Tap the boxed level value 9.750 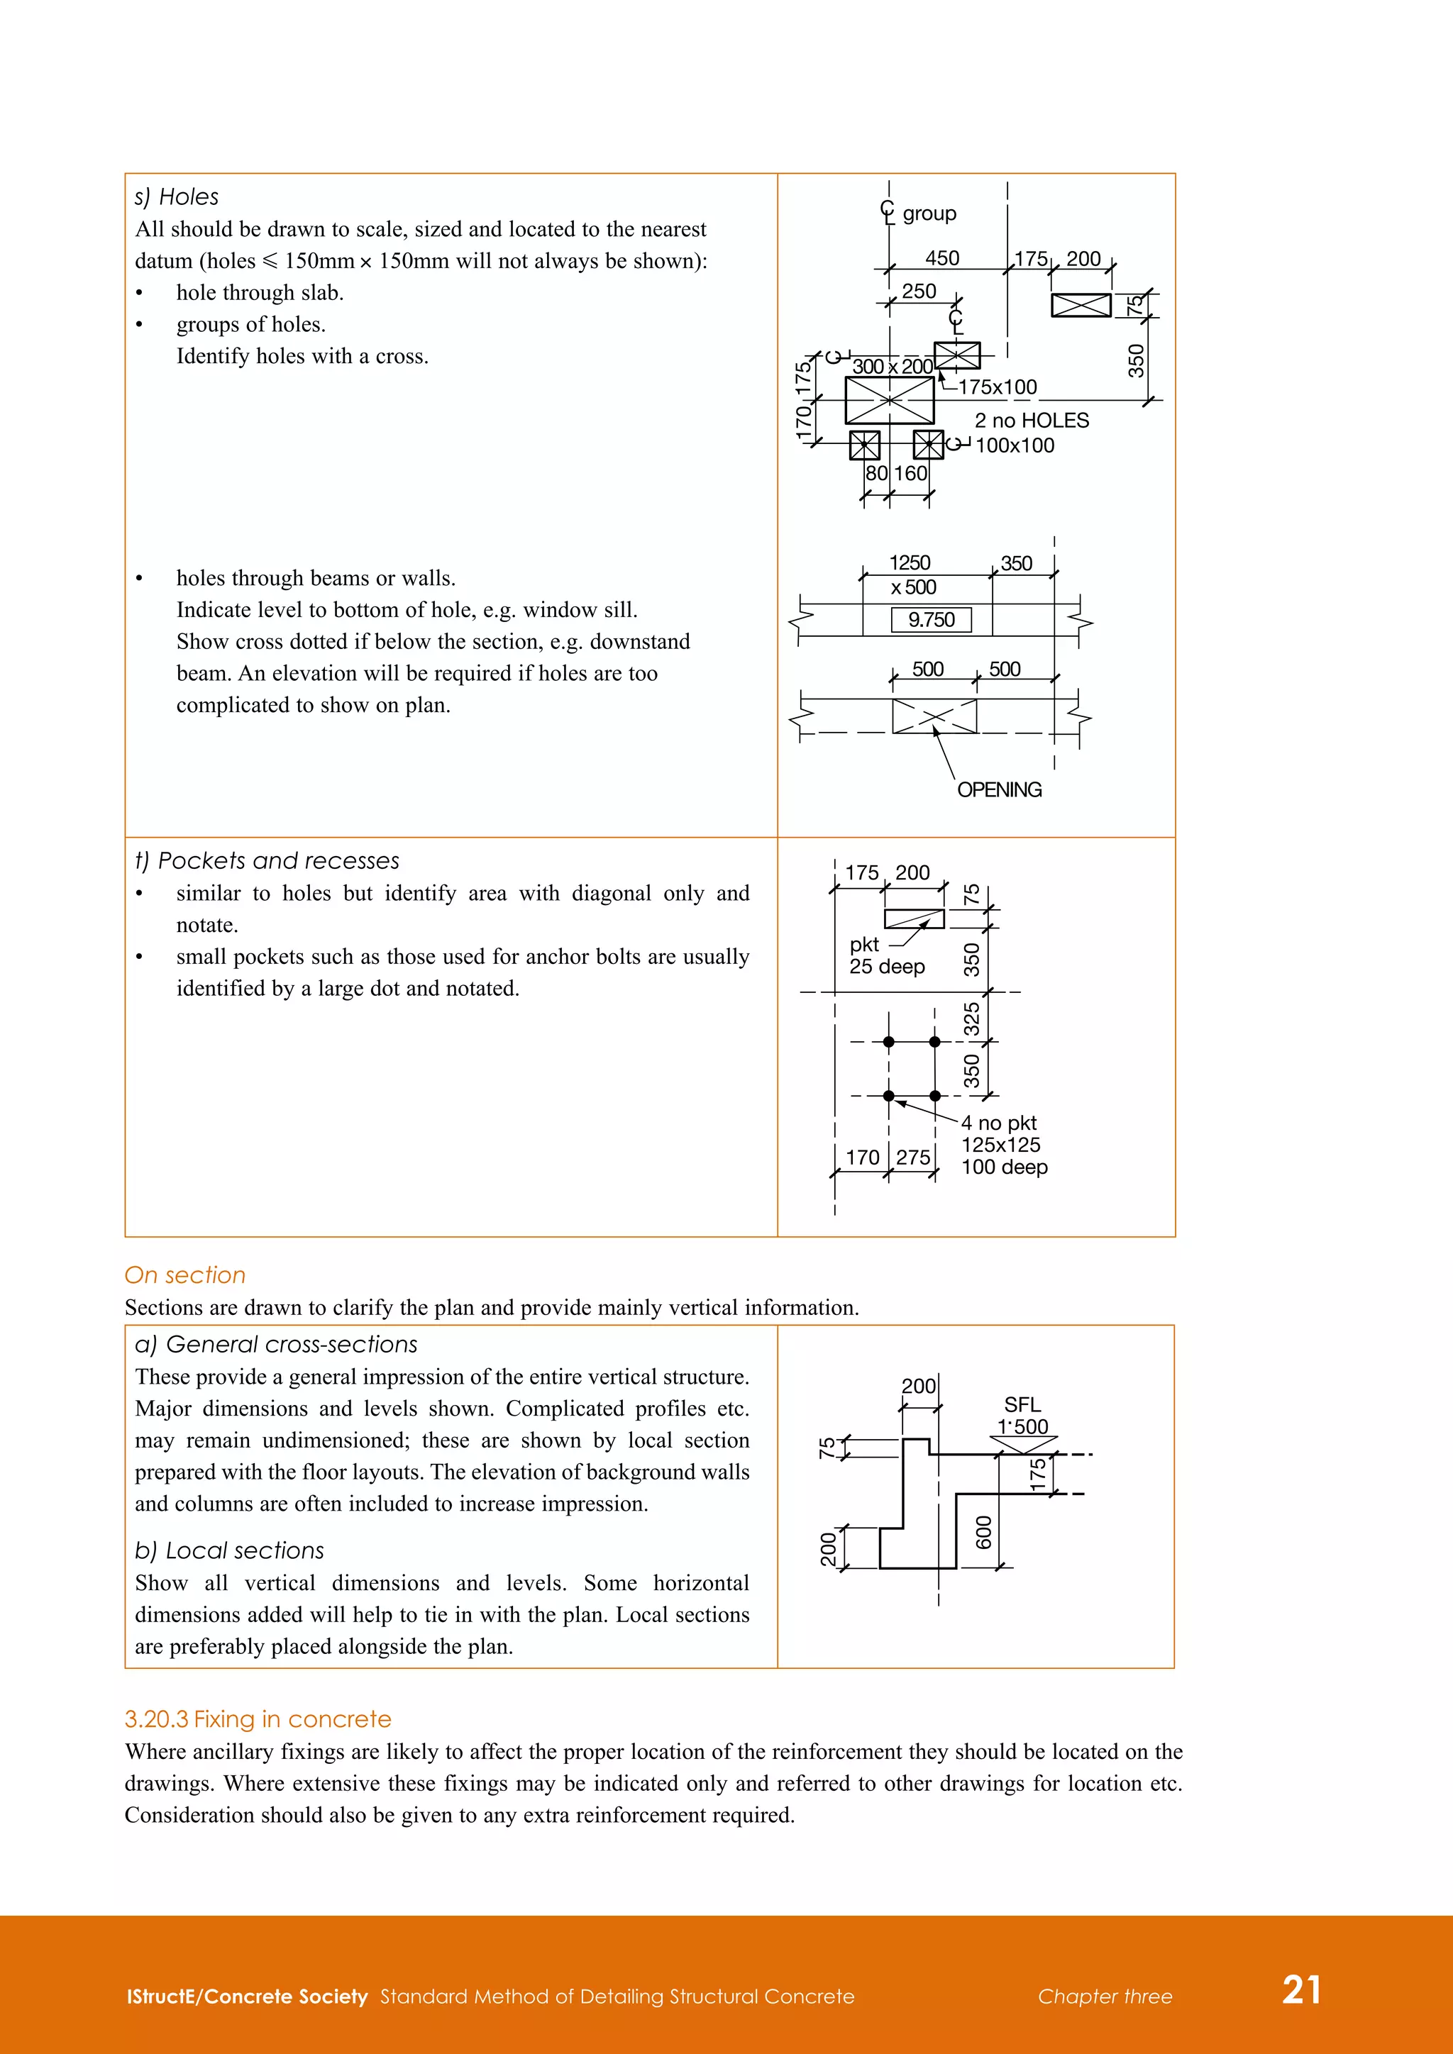(932, 620)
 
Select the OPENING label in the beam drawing (1000, 790)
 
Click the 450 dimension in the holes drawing (942, 259)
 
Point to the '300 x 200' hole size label (892, 367)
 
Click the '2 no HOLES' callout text (1032, 421)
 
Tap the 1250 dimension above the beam (910, 562)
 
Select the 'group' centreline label (929, 213)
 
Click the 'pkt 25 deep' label (885, 955)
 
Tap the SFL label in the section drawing (1022, 1404)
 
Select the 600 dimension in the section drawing (984, 1533)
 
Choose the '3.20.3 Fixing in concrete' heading (258, 1719)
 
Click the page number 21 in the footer (1302, 1989)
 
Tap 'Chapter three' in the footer (1105, 1997)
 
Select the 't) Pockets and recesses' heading (267, 860)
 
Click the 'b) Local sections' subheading (229, 1550)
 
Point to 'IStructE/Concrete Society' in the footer (247, 1997)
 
